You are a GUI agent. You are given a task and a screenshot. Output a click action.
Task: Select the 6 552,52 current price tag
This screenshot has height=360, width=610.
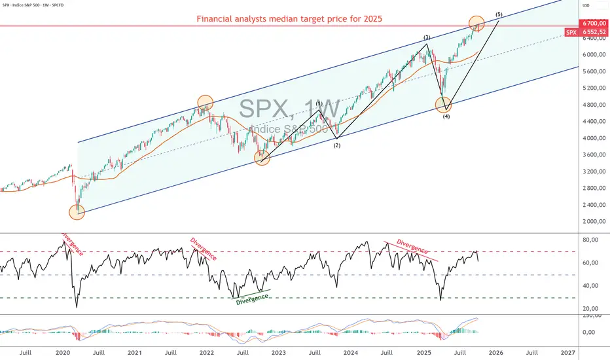coord(592,32)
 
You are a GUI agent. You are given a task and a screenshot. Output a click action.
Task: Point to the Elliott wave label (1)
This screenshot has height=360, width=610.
coord(319,103)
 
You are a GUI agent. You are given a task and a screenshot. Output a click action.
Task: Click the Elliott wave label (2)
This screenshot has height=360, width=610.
coord(337,145)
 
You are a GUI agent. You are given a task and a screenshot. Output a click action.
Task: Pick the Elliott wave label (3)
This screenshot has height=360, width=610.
coord(427,37)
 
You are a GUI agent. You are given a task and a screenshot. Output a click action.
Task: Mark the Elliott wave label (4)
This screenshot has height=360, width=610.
coord(446,117)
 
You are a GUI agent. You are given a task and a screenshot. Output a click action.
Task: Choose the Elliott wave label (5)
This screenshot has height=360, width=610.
coord(499,14)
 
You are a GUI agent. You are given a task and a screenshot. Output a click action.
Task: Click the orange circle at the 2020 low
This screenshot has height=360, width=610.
coord(77,211)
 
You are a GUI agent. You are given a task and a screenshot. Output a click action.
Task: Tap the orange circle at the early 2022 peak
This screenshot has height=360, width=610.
coord(205,103)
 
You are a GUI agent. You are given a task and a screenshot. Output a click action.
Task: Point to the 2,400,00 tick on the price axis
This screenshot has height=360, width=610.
coord(592,205)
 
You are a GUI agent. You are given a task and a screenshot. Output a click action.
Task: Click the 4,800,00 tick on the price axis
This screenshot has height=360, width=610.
coord(592,105)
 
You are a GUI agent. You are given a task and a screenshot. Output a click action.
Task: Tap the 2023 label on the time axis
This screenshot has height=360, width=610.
coord(278,352)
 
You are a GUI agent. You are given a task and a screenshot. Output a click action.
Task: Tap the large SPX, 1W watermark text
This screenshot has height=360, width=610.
coord(289,109)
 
